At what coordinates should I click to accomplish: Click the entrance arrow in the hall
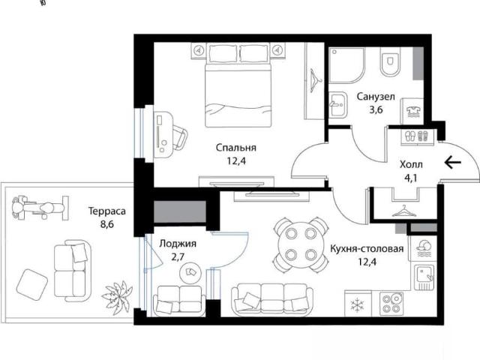(452, 162)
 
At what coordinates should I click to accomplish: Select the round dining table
(301, 244)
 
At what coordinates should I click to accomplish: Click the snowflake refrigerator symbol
(357, 304)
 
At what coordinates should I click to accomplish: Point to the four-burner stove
(391, 304)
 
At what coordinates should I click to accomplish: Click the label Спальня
(235, 148)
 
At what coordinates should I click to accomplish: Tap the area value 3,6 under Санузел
(376, 109)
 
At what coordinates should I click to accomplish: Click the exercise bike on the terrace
(40, 208)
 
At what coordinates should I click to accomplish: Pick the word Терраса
(106, 211)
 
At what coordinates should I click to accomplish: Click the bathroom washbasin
(338, 104)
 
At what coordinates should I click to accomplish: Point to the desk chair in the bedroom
(180, 137)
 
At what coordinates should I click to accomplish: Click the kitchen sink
(424, 277)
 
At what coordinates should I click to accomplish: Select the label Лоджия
(178, 244)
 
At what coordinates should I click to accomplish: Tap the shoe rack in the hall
(417, 136)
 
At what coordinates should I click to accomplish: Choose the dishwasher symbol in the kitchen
(424, 248)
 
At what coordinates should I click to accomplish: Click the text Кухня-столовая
(367, 248)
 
